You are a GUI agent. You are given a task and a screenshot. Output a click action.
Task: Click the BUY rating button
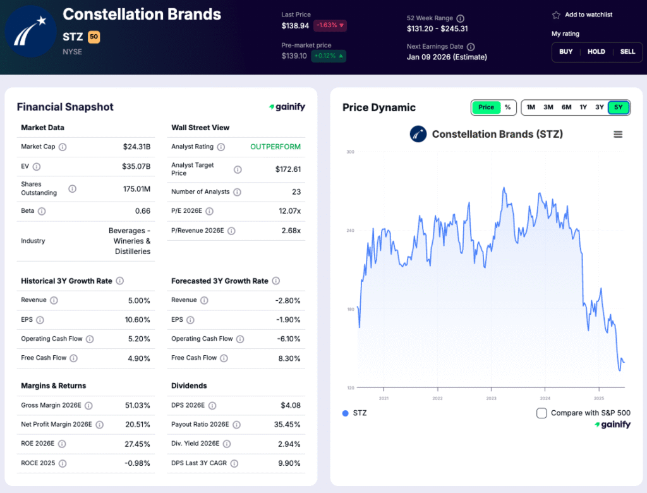pos(566,52)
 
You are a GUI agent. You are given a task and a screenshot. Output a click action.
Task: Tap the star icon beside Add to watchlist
pos(556,15)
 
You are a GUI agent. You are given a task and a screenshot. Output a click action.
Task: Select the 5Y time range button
pos(618,107)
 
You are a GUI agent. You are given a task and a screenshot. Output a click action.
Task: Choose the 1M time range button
pos(531,107)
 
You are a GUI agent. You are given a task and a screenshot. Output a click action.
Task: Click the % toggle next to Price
pos(507,107)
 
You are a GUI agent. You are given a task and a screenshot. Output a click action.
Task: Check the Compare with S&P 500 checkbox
pos(541,413)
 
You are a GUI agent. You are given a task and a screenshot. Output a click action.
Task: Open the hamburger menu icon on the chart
pos(618,134)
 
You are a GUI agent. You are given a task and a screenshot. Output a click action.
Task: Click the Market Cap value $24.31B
pos(136,147)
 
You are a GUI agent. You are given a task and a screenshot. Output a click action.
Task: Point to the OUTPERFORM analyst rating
pos(275,147)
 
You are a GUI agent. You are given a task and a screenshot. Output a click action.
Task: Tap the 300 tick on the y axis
pos(350,152)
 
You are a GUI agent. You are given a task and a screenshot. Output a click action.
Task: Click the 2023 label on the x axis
pos(491,398)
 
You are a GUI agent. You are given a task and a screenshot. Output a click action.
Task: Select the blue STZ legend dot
pos(345,413)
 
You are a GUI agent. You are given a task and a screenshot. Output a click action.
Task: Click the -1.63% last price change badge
pos(330,26)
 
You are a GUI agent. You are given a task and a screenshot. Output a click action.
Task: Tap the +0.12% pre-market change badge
pos(329,56)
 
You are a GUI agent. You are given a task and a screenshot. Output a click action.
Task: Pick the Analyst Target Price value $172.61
pos(288,169)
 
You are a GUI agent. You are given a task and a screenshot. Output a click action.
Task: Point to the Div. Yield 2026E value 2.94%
pos(289,444)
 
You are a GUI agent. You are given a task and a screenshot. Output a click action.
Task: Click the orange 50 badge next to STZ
pos(94,37)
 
